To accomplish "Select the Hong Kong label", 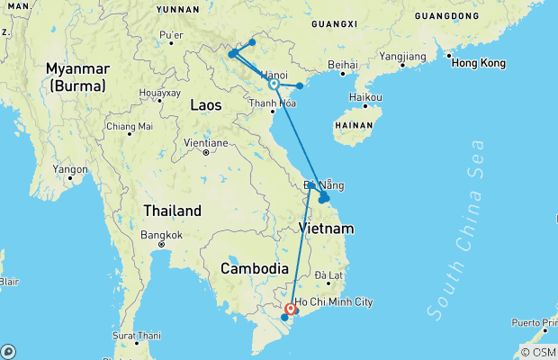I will (x=478, y=63).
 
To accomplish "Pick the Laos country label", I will (x=206, y=105).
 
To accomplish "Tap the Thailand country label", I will (x=173, y=211).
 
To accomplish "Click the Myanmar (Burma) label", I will (x=77, y=76).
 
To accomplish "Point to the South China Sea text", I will (x=457, y=229).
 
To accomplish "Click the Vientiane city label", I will (x=205, y=143).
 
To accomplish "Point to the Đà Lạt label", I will (x=328, y=275).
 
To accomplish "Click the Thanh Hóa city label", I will (x=273, y=103).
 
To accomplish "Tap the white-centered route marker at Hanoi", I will (x=274, y=85).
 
